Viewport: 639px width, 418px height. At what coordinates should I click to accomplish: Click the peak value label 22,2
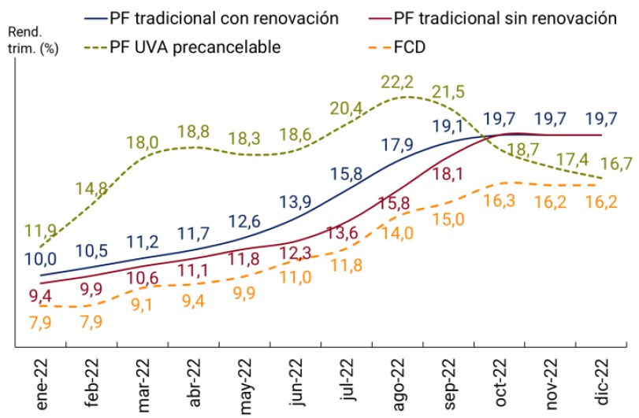coord(397,81)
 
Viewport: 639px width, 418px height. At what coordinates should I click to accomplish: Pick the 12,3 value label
coord(296,253)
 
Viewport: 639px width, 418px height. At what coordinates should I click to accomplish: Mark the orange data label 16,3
coord(499,201)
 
